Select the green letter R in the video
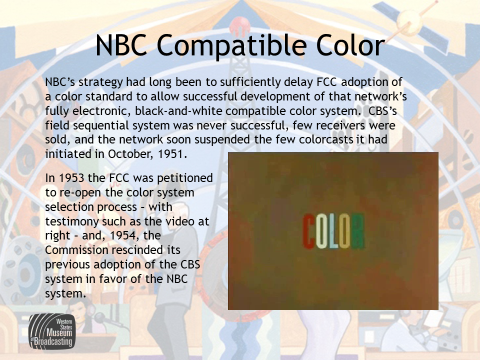(x=357, y=231)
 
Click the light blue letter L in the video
(x=333, y=231)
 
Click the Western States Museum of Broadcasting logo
(x=52, y=331)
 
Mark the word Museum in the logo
(x=59, y=333)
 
